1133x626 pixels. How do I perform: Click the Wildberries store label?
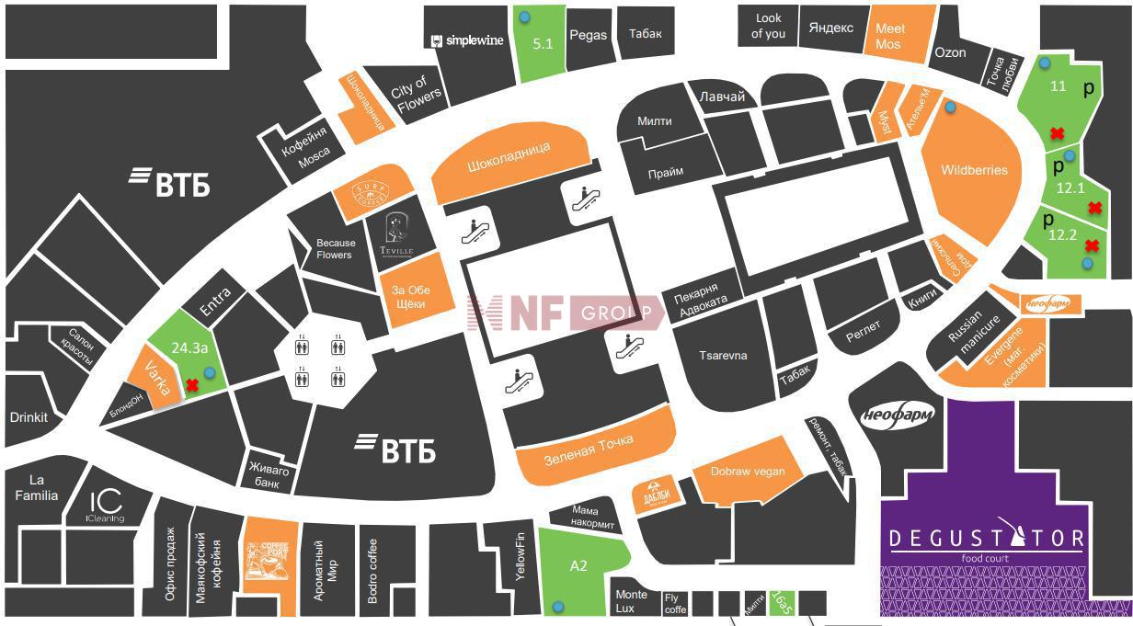974,170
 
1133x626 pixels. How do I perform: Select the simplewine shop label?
468,40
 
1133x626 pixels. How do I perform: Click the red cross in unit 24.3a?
192,385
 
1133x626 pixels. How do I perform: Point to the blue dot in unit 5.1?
524,17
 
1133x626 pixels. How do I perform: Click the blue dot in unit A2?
557,607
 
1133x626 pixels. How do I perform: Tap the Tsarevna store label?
723,356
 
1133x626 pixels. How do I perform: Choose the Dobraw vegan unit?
748,472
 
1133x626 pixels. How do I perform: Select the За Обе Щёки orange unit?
411,297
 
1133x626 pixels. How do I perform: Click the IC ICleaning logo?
105,506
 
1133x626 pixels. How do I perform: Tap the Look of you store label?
768,26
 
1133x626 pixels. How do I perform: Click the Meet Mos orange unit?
889,36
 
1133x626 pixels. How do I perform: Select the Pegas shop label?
588,35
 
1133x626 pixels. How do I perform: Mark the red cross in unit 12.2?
1091,245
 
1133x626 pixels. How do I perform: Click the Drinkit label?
29,416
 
